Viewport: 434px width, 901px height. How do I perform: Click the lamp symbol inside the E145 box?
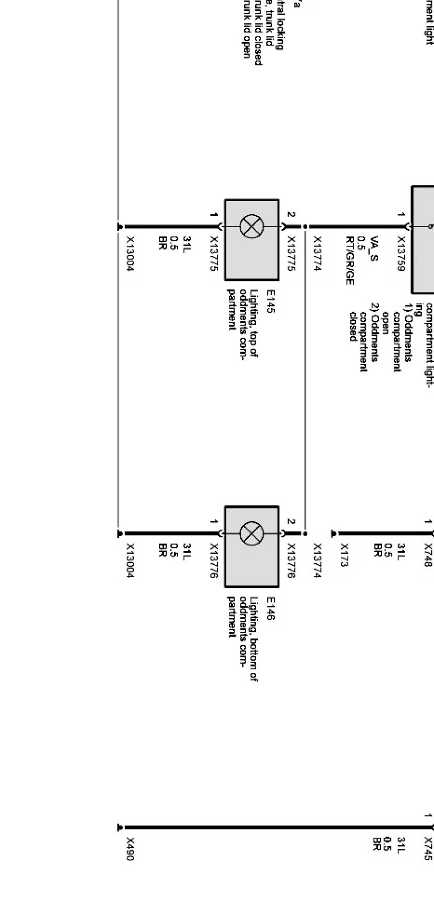pyautogui.click(x=251, y=227)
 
